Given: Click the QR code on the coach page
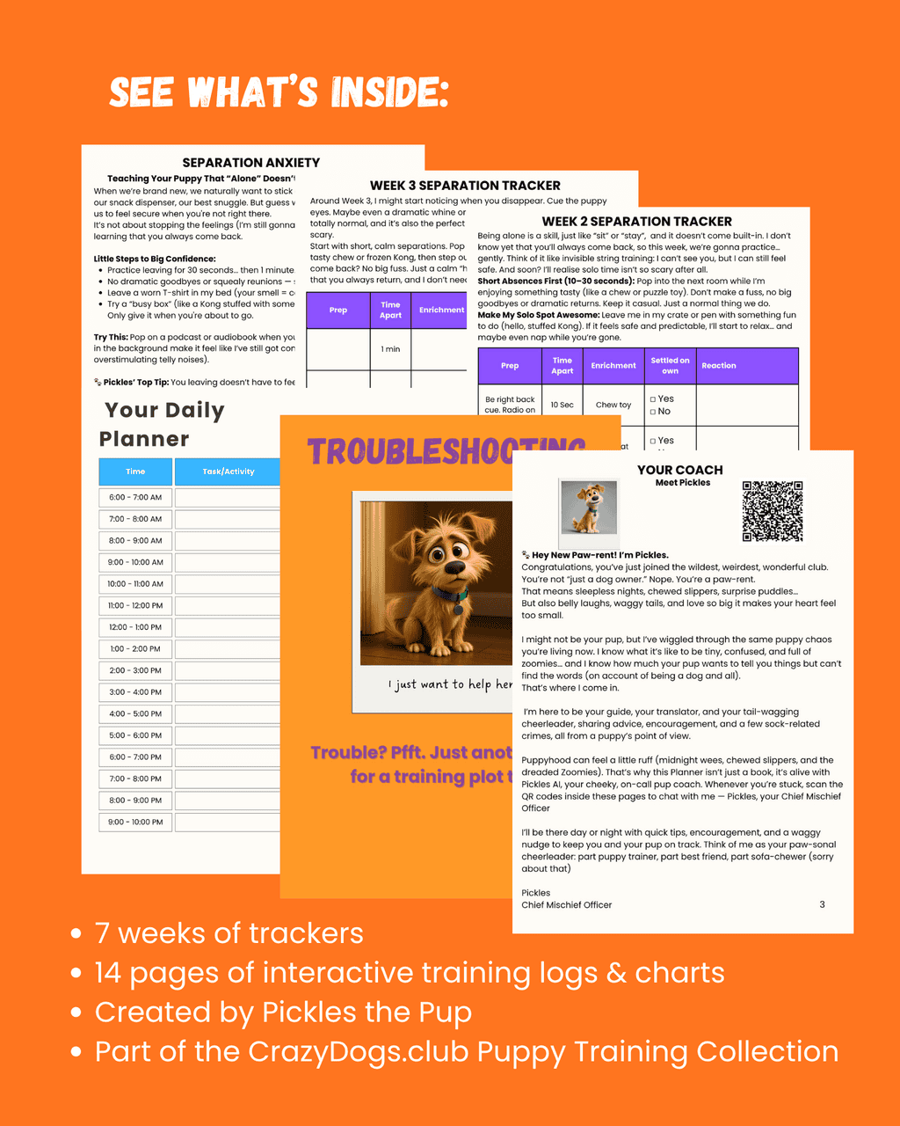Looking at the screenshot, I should tap(773, 511).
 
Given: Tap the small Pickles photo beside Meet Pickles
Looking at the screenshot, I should tap(588, 508).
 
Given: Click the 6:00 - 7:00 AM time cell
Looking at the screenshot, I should tap(135, 498).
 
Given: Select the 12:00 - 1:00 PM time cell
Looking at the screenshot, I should tap(135, 627).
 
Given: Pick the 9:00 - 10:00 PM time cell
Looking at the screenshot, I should tap(135, 822).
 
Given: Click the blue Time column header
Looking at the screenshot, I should tap(135, 472).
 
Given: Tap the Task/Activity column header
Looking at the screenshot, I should tap(228, 472).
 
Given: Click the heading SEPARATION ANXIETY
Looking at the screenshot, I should tap(250, 163).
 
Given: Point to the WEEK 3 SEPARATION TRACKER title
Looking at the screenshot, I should tap(465, 186).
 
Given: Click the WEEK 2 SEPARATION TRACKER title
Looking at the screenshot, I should tap(636, 222).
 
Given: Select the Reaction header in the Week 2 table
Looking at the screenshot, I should tap(719, 366).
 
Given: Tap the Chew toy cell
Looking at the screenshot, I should tap(613, 406).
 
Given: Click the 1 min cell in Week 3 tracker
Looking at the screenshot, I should tap(390, 349).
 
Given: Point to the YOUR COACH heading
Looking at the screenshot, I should tap(680, 470).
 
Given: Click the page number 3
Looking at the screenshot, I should tap(822, 904).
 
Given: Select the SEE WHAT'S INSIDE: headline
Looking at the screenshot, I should tap(279, 91).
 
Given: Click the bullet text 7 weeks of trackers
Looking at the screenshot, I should tap(229, 933).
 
